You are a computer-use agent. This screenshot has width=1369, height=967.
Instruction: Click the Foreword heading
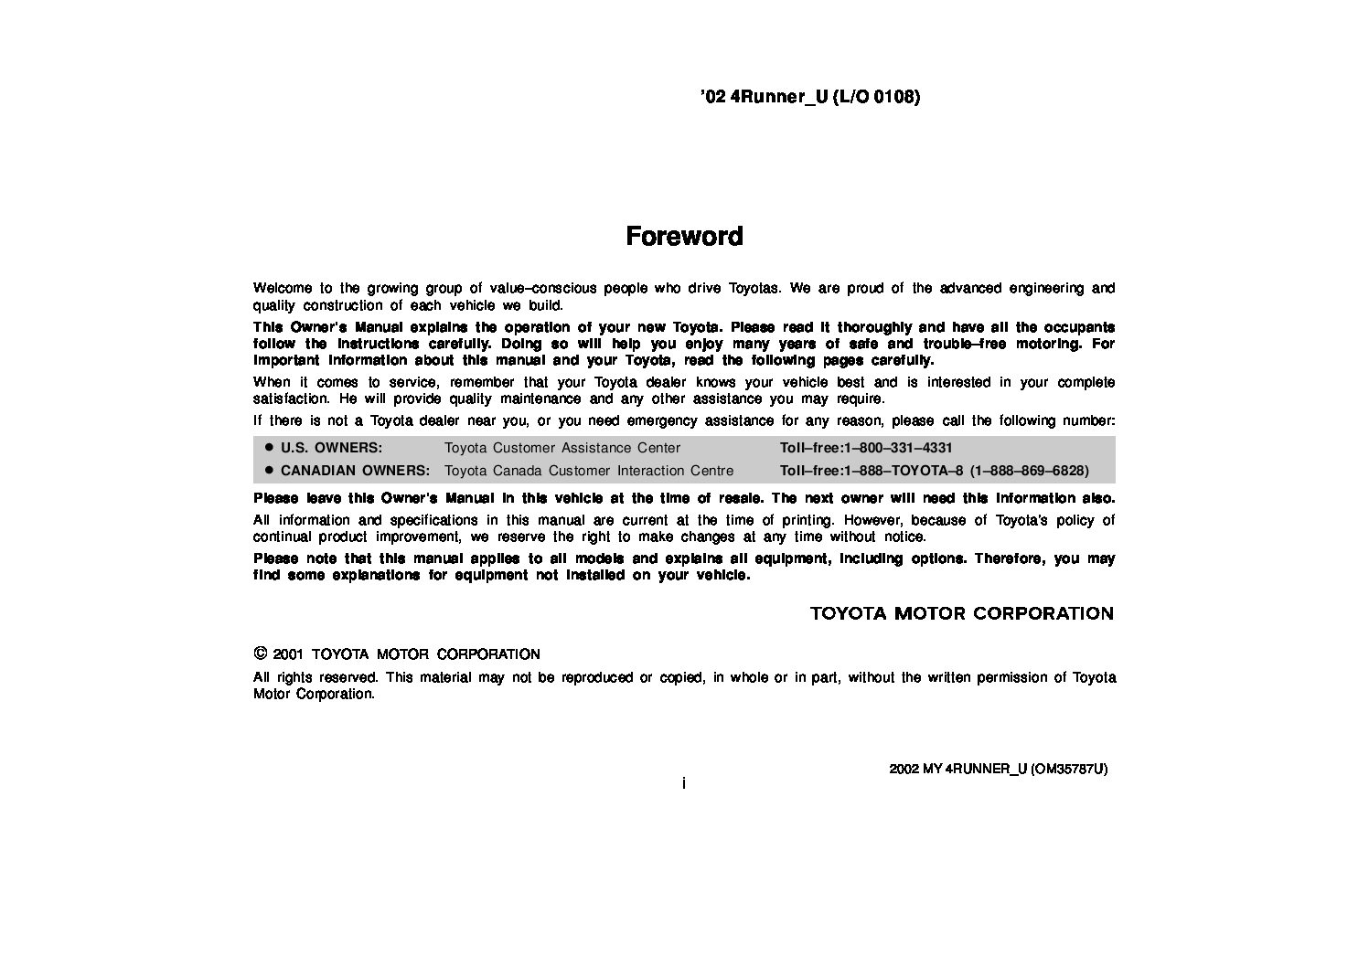click(684, 236)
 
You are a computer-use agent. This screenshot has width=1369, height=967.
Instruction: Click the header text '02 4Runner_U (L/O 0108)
click(809, 96)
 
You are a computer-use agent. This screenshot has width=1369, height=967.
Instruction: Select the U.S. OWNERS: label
click(331, 448)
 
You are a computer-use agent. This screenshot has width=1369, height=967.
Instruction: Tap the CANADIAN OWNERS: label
click(355, 471)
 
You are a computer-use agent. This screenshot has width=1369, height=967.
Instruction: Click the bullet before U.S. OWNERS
click(269, 448)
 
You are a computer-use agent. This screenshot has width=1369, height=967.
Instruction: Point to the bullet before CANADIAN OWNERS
click(269, 470)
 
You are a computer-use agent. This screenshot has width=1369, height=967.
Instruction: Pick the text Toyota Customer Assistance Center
click(562, 448)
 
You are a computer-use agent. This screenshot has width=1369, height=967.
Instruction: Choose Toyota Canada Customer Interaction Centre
click(589, 471)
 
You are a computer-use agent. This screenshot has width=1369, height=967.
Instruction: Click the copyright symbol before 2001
click(260, 654)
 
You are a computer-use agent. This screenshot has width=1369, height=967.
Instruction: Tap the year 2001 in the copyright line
click(287, 654)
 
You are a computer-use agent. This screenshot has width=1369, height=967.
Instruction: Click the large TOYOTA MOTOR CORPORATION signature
click(961, 613)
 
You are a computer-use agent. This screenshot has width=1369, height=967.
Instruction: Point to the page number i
click(684, 783)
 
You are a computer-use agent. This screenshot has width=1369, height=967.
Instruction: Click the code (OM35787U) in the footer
click(1069, 769)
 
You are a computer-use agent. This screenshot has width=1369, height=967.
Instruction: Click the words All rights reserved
click(316, 677)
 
